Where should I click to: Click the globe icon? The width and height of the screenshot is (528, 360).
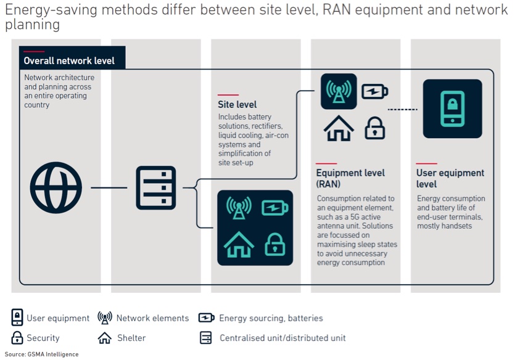(56, 187)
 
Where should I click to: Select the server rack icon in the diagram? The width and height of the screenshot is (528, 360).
(155, 187)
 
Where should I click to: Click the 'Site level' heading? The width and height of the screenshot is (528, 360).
(237, 105)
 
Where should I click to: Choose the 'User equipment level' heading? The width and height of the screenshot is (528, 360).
(450, 178)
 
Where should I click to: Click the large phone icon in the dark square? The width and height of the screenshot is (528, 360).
(452, 108)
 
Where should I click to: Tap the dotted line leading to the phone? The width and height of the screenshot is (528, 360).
(402, 110)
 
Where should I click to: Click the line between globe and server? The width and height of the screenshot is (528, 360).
(109, 187)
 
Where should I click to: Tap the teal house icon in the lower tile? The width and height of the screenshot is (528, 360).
(239, 243)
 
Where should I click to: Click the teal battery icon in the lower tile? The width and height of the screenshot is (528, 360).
(274, 208)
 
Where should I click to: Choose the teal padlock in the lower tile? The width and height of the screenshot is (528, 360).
(274, 244)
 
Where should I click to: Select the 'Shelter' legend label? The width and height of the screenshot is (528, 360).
(131, 338)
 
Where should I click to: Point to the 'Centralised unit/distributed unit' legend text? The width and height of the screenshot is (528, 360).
(283, 338)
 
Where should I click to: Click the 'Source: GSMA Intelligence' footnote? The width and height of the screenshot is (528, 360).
(42, 354)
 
